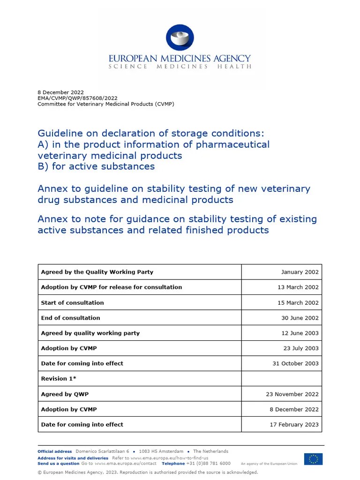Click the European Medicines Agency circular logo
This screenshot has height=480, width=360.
click(180, 37)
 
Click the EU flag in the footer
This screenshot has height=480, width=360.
click(313, 459)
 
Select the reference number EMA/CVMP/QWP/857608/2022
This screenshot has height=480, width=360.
click(77, 98)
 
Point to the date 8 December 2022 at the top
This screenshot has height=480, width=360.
click(60, 92)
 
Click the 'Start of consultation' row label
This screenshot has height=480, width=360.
click(73, 303)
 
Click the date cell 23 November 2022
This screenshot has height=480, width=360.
click(292, 394)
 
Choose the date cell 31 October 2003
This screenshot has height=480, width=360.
click(295, 363)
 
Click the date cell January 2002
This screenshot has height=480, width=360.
click(300, 272)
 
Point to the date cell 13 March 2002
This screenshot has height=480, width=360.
click(298, 287)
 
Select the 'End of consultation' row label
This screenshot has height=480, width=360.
click(70, 318)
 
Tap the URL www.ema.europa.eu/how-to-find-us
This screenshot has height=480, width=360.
click(169, 458)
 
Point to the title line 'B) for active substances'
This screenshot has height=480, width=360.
click(96, 166)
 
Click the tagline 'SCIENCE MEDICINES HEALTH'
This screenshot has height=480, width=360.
click(180, 67)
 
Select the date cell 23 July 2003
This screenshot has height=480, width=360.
click(300, 348)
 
